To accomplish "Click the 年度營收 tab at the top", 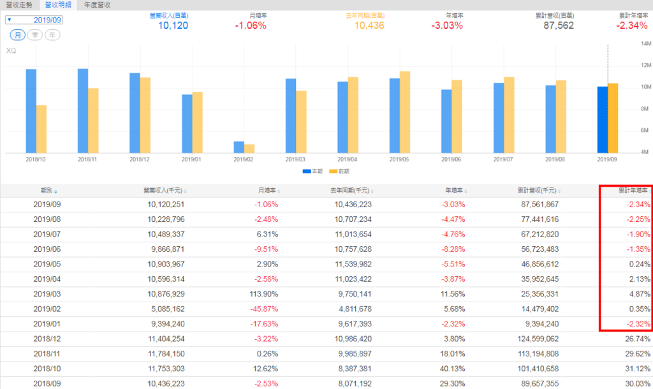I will click(98, 4).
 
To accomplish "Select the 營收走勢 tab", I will click(19, 4).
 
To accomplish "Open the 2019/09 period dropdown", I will click(35, 20).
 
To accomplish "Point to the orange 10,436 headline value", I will click(370, 26).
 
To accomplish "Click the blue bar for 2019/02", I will click(239, 147).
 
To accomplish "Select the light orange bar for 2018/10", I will click(41, 129).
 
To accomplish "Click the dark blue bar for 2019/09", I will click(603, 120).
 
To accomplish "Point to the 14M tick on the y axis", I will click(645, 43).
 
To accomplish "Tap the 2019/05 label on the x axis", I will click(399, 159).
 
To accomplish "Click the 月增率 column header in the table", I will click(267, 191).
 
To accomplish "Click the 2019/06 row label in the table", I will click(47, 250).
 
